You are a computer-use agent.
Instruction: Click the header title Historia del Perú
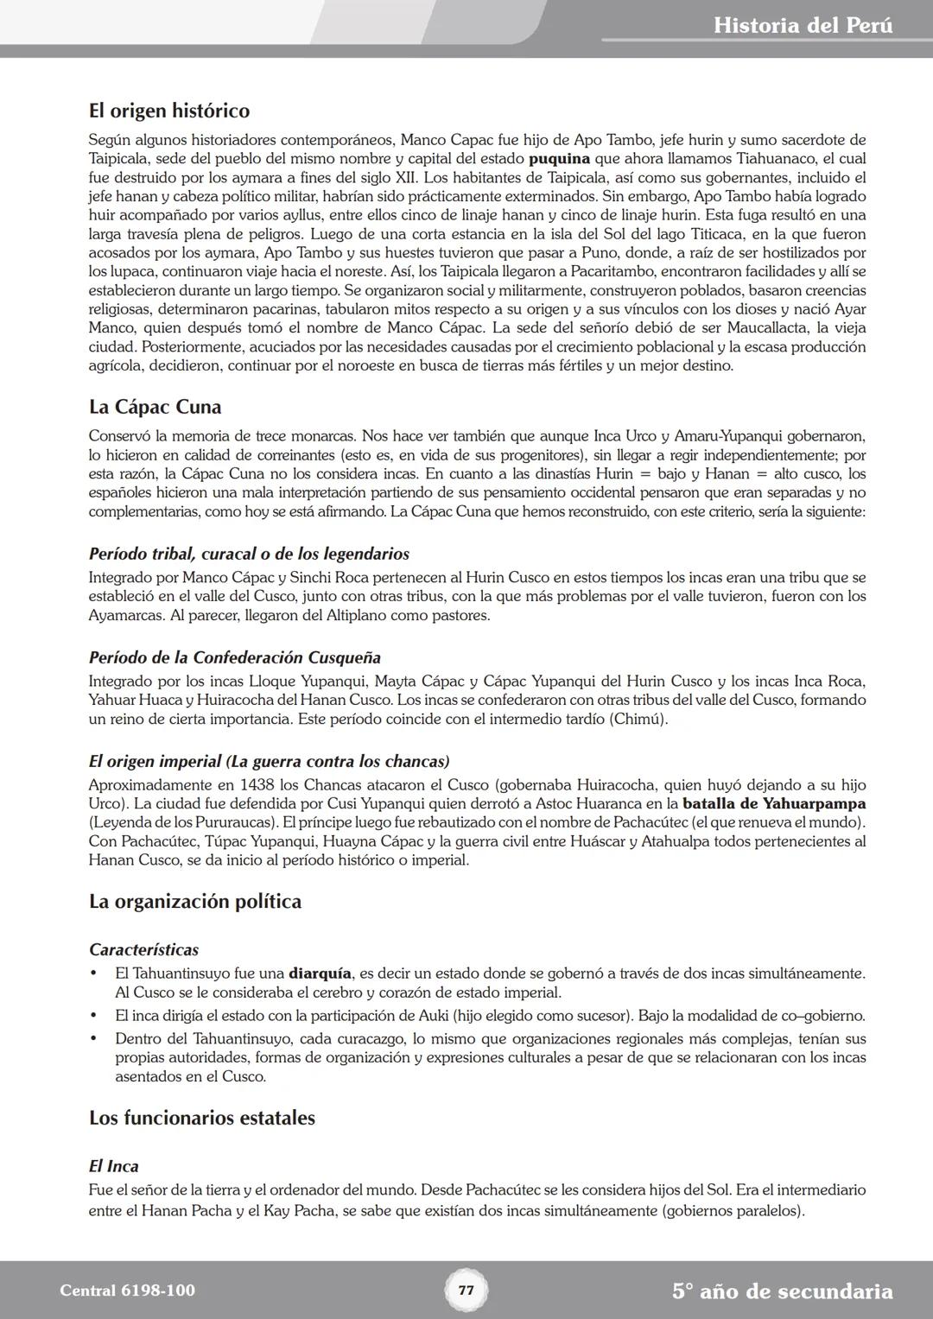tap(803, 25)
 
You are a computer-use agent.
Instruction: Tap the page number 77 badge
tap(466, 1290)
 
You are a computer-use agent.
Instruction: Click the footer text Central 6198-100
tap(127, 1290)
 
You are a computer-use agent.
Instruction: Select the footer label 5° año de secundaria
tap(782, 1291)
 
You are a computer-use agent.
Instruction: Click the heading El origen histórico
tap(169, 111)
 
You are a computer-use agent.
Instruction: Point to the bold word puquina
tap(559, 159)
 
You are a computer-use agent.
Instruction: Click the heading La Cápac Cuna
tap(155, 407)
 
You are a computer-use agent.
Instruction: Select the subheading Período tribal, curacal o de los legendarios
tap(249, 554)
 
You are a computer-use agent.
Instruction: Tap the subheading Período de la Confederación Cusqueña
tap(234, 658)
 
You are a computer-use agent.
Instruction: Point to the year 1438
tap(259, 785)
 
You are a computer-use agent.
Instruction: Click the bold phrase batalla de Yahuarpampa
tap(774, 804)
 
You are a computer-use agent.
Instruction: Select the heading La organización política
tap(195, 902)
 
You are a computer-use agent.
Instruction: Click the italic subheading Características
tap(143, 950)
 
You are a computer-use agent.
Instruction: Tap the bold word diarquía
tap(320, 973)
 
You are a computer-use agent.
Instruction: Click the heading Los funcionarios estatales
tap(201, 1118)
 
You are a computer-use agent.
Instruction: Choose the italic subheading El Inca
tap(113, 1166)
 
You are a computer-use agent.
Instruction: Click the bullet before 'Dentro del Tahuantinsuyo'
tap(94, 1039)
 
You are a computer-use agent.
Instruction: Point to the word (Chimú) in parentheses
tap(638, 720)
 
